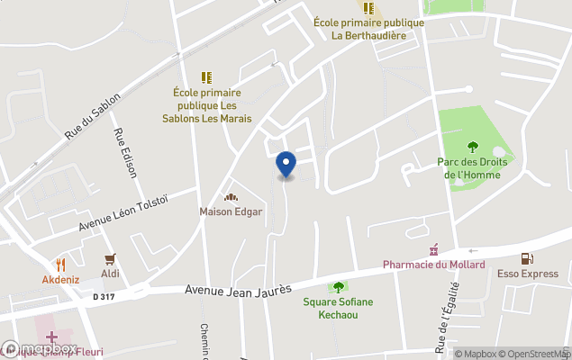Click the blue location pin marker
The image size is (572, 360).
[286, 165]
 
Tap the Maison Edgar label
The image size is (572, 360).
[231, 212]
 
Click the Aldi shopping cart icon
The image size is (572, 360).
[111, 259]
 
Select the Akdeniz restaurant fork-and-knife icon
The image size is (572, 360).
[61, 265]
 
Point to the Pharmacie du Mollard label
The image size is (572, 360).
[433, 265]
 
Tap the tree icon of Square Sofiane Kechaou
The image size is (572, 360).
[338, 287]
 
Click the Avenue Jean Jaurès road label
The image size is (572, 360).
[238, 291]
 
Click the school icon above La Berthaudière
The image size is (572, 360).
[368, 8]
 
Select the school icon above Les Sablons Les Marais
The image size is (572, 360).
[206, 77]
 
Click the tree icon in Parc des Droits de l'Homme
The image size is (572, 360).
[473, 147]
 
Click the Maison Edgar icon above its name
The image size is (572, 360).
[231, 198]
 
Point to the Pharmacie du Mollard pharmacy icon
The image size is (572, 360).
[434, 249]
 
